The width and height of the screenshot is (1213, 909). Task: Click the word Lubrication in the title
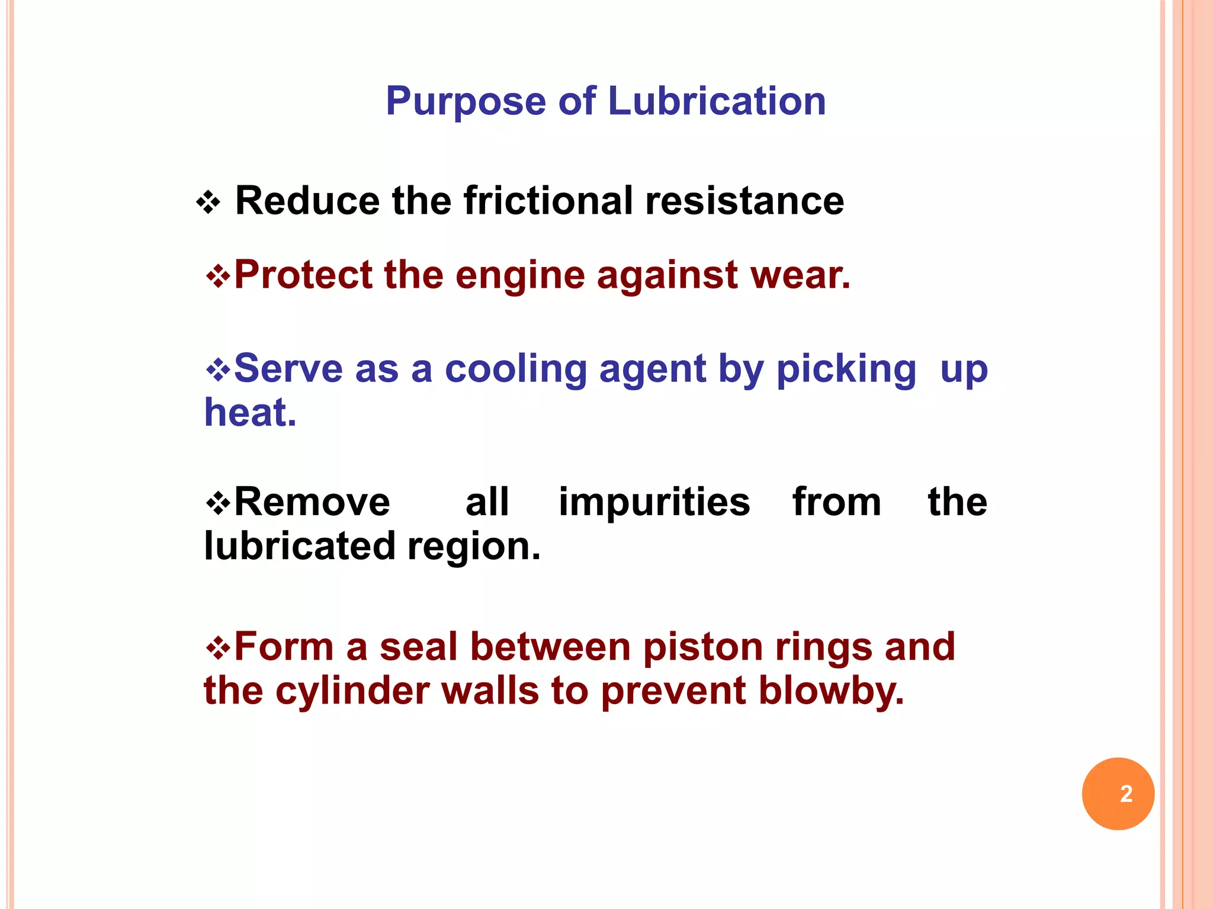717,101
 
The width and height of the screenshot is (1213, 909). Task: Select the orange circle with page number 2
1118,794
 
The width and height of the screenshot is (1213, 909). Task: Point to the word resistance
745,201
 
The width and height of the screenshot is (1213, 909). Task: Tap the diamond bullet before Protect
218,276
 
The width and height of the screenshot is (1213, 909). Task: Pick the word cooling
515,370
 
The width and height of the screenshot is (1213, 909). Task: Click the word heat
250,413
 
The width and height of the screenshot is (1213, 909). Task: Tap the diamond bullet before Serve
218,371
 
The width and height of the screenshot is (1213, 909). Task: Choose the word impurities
654,502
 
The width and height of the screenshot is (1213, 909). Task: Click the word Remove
312,502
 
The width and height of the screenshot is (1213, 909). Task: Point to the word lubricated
300,546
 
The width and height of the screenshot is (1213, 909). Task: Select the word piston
703,647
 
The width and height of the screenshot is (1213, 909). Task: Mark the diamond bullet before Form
218,648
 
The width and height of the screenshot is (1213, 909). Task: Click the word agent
652,370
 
